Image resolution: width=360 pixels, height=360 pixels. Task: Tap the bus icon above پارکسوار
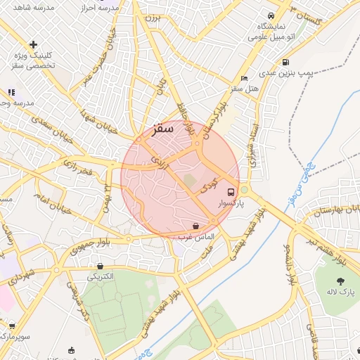[231, 192]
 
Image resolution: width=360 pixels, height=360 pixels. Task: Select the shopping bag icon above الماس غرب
[195, 226]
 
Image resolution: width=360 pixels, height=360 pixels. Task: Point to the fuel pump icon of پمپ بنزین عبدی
[285, 62]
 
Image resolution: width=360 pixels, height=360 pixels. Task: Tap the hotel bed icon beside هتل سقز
[244, 78]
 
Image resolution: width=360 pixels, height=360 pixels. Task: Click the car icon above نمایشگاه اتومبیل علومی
[270, 16]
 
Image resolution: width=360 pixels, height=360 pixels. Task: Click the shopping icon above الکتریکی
[100, 266]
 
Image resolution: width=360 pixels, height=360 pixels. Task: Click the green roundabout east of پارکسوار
[245, 191]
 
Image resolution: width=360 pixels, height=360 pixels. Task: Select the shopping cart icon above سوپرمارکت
[11, 326]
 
